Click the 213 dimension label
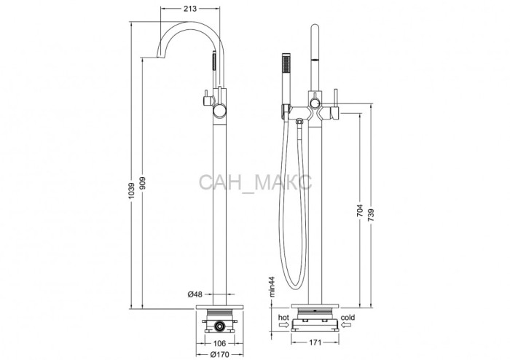pyautogui.click(x=190, y=9)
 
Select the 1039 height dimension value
pyautogui.click(x=131, y=191)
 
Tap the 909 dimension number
pyautogui.click(x=143, y=184)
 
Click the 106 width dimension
pyautogui.click(x=220, y=343)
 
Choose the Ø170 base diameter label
pyautogui.click(x=219, y=354)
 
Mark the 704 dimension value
pyautogui.click(x=360, y=211)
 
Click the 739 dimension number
pyautogui.click(x=371, y=215)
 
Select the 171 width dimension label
pyautogui.click(x=315, y=342)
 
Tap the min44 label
pyautogui.click(x=272, y=286)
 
